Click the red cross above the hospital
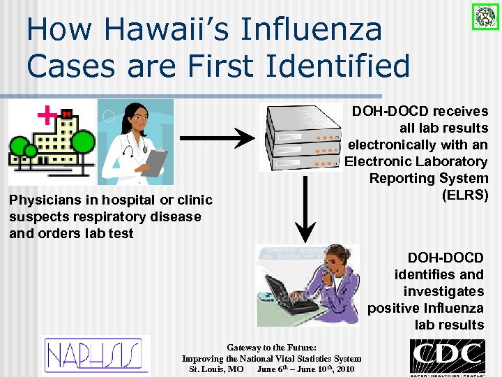[46, 114]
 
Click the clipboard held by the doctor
[156, 163]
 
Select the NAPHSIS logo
[97, 355]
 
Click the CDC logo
[447, 356]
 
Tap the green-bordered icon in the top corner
[481, 15]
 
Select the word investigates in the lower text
[443, 291]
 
